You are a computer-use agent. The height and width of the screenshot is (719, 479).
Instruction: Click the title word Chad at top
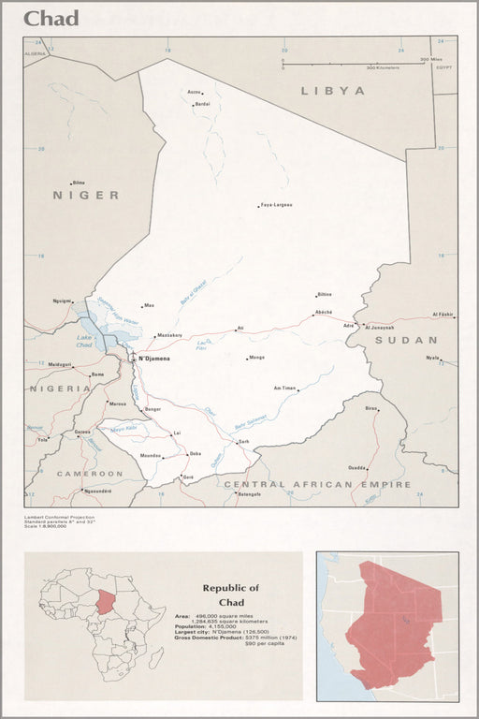pyautogui.click(x=51, y=18)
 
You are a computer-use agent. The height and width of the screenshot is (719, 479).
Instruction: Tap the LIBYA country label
pyautogui.click(x=332, y=91)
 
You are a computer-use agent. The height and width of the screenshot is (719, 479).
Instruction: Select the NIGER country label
pyautogui.click(x=86, y=195)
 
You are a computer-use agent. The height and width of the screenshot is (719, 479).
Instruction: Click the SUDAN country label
pyautogui.click(x=406, y=340)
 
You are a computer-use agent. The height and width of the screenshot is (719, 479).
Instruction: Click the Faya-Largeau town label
pyautogui.click(x=277, y=204)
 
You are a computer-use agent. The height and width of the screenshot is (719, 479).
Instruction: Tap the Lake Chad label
pyautogui.click(x=85, y=342)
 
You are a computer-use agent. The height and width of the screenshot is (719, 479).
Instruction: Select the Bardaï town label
pyautogui.click(x=202, y=104)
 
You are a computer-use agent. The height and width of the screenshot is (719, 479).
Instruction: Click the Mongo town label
pyautogui.click(x=256, y=358)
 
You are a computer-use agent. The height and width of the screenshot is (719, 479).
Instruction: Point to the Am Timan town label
pyautogui.click(x=284, y=388)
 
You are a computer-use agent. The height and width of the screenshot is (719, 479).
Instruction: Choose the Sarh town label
pyautogui.click(x=244, y=441)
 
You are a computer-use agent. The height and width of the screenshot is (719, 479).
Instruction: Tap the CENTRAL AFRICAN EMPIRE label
pyautogui.click(x=317, y=484)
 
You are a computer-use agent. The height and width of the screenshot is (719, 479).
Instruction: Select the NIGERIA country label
pyautogui.click(x=60, y=388)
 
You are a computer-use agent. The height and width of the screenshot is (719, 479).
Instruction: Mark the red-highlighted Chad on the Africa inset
pyautogui.click(x=105, y=602)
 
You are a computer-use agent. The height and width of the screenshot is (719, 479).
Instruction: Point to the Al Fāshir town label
pyautogui.click(x=442, y=315)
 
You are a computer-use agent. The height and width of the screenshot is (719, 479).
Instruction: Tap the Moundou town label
pyautogui.click(x=150, y=456)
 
